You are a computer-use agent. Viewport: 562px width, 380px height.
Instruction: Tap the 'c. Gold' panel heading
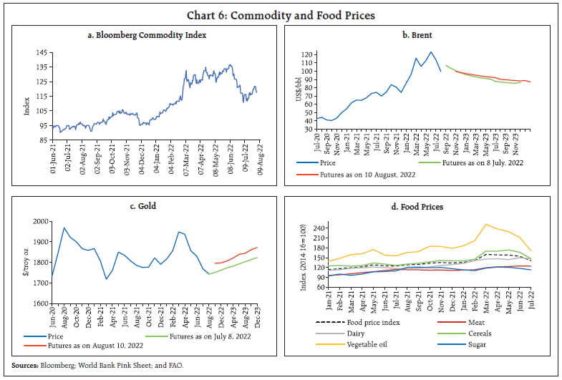tap(142, 206)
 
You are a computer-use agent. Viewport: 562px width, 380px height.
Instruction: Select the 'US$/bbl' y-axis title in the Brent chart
tap(295, 89)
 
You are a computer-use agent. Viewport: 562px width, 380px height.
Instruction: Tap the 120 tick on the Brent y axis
tap(308, 54)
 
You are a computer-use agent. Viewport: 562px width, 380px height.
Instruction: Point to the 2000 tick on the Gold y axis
tap(34, 222)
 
